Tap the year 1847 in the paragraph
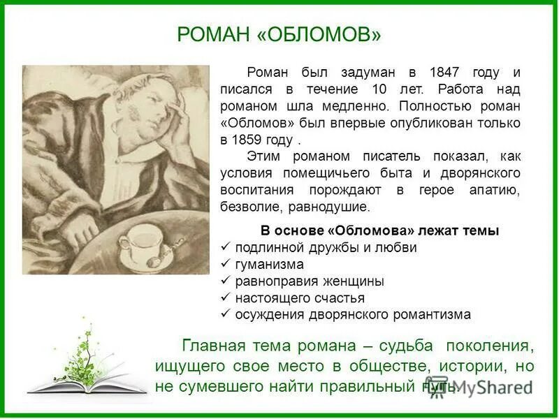(445, 73)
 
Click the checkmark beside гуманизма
(226, 265)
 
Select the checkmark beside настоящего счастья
(226, 298)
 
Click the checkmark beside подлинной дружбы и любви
(226, 248)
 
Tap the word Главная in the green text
(214, 346)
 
